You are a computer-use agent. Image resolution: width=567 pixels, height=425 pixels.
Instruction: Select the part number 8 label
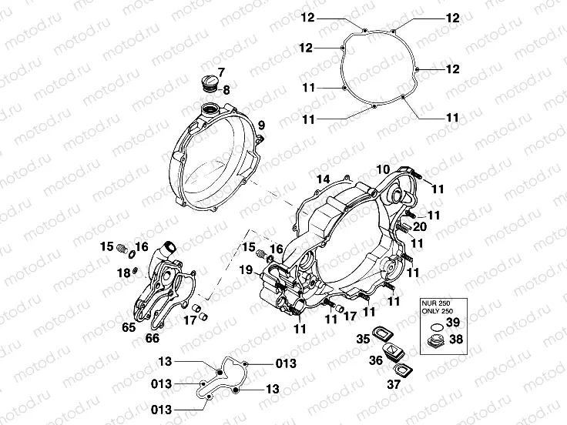[226, 90]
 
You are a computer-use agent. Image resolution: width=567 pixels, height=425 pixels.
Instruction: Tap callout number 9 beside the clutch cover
[261, 125]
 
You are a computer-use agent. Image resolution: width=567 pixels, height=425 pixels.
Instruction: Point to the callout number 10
[383, 169]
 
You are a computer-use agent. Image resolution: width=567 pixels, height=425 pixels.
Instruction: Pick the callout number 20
[419, 228]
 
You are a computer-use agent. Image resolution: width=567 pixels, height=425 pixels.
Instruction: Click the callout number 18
[123, 273]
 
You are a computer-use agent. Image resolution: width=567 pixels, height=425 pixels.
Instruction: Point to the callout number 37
[394, 384]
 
